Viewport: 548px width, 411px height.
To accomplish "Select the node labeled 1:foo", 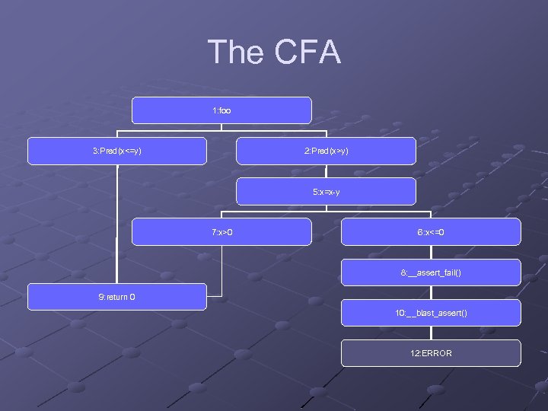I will click(221, 110).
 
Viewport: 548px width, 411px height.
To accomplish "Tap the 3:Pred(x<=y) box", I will click(117, 151).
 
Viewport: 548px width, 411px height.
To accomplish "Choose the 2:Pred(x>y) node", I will click(326, 151).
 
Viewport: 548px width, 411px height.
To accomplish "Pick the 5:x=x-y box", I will click(326, 192).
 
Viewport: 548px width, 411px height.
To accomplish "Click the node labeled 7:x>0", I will click(221, 232).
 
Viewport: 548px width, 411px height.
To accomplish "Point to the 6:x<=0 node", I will click(431, 232).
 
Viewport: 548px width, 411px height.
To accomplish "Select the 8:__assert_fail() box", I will click(431, 272).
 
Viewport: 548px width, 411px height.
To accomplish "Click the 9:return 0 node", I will click(117, 297).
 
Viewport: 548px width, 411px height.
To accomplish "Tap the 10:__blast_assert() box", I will click(431, 313).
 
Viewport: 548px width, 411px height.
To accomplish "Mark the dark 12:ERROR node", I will click(431, 353).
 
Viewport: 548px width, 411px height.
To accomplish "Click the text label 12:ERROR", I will click(431, 353).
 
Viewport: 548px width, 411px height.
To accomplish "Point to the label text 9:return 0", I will click(116, 297).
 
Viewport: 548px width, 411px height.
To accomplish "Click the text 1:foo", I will click(221, 111).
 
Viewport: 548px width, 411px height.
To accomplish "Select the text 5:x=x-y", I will click(326, 192).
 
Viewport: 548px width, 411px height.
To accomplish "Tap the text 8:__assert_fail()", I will click(431, 272).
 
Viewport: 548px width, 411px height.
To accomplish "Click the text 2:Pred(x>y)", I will click(326, 151).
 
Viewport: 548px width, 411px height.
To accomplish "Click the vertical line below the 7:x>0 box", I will click(221, 270).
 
